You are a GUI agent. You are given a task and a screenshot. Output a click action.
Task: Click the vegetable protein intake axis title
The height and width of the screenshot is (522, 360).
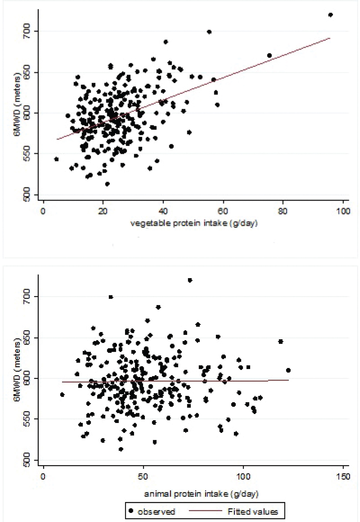[194, 224]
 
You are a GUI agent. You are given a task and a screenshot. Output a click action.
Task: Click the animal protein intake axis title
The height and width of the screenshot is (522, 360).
[201, 493]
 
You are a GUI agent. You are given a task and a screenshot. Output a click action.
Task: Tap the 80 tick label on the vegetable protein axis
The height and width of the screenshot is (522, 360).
[282, 211]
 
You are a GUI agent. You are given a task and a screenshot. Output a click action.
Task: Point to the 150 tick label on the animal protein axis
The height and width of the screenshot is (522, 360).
[343, 477]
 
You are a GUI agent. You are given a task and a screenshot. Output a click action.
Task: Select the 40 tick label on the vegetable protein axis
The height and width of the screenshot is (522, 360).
[163, 211]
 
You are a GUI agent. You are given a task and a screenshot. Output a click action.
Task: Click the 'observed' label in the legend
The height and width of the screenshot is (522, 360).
[156, 511]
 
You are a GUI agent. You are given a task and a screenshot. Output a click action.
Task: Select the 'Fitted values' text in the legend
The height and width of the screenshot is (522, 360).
[253, 511]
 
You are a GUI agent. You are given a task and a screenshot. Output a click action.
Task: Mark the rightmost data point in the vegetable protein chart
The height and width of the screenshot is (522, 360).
[330, 15]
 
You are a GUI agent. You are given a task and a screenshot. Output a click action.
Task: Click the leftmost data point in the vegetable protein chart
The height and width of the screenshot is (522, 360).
[56, 159]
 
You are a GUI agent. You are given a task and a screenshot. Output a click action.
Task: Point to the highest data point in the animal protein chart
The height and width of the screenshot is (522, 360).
[190, 280]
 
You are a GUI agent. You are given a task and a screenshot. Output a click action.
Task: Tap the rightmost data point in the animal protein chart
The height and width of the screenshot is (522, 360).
[288, 370]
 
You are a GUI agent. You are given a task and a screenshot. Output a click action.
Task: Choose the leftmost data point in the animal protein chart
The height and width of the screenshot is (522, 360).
[62, 394]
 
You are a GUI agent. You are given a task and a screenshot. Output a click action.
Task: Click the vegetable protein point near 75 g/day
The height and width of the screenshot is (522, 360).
[269, 56]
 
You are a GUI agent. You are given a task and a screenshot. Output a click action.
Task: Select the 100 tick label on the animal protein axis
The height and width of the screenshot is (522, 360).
[243, 477]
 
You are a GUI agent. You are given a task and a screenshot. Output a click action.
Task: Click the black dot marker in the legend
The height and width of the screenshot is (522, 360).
[131, 511]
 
